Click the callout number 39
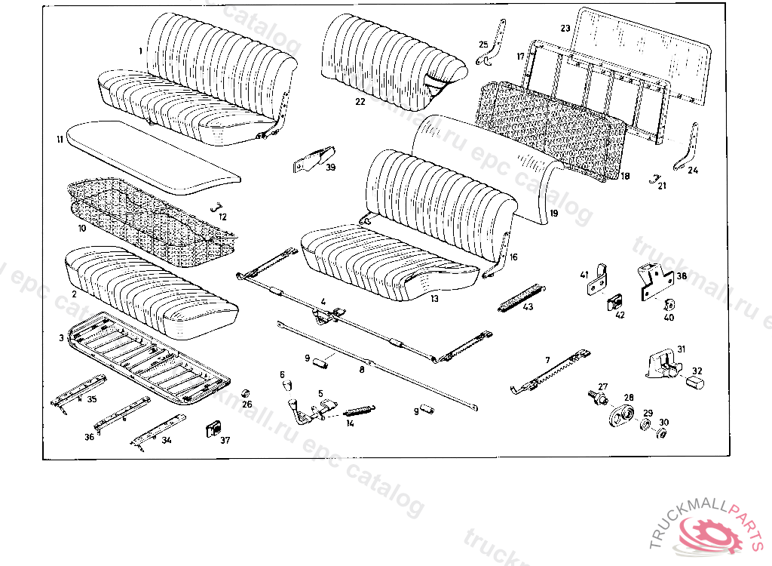click(x=330, y=168)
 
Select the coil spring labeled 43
click(x=520, y=297)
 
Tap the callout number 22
click(x=360, y=101)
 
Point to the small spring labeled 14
click(x=359, y=411)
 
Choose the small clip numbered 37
click(x=213, y=431)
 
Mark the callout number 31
click(x=681, y=349)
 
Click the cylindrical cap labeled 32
click(x=694, y=382)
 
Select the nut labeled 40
click(x=668, y=305)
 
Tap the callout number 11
click(x=59, y=139)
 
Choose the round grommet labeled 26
click(x=245, y=393)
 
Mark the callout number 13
click(x=434, y=299)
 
